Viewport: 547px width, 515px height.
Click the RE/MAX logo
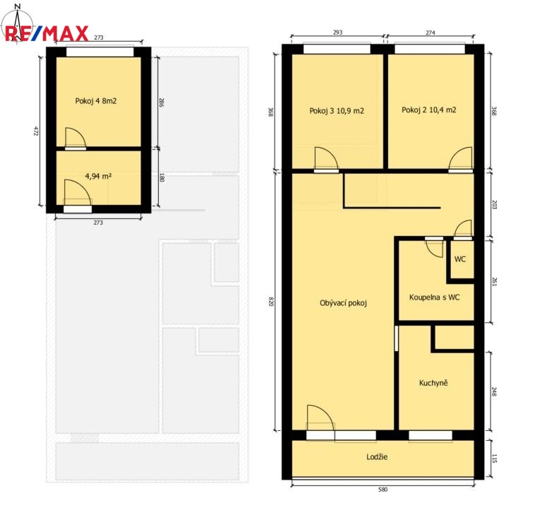pyautogui.click(x=47, y=33)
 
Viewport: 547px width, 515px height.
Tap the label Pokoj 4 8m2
pyautogui.click(x=95, y=101)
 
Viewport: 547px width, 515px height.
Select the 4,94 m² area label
pyautogui.click(x=98, y=177)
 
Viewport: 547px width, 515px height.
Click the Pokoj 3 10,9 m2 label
pyautogui.click(x=337, y=111)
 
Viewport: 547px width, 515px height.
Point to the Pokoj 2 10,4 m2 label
pyautogui.click(x=428, y=110)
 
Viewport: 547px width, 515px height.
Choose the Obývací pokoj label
pyautogui.click(x=343, y=303)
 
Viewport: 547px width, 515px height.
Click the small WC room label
pyautogui.click(x=459, y=259)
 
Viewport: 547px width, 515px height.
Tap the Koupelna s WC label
pyautogui.click(x=434, y=297)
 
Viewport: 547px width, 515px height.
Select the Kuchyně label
pyautogui.click(x=433, y=383)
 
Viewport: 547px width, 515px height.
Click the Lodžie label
pyautogui.click(x=377, y=456)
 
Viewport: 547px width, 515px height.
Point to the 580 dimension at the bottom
pyautogui.click(x=383, y=490)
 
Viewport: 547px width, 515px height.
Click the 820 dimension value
pyautogui.click(x=271, y=302)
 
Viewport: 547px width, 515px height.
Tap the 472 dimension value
pyautogui.click(x=35, y=131)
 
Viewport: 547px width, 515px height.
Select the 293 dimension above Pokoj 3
pyautogui.click(x=337, y=32)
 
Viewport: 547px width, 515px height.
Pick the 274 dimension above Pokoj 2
pyautogui.click(x=430, y=32)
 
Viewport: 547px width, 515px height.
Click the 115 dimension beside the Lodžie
pyautogui.click(x=493, y=458)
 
